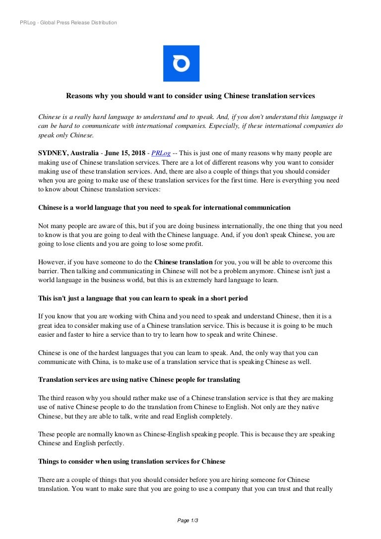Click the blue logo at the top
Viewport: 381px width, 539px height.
point(181,63)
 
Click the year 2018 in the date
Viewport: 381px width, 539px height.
point(139,154)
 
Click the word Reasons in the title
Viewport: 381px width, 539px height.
point(81,95)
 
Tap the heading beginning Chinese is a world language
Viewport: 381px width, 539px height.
point(164,208)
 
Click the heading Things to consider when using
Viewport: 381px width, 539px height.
point(131,462)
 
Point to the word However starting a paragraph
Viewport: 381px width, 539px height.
point(52,262)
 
